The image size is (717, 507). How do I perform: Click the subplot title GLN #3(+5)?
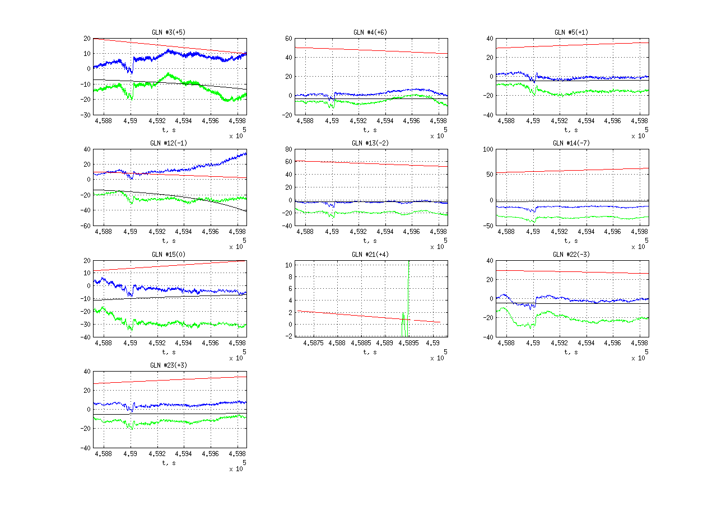pyautogui.click(x=169, y=32)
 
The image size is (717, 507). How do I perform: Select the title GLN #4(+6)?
pyautogui.click(x=370, y=32)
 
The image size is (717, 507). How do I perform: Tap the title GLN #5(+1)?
pyautogui.click(x=571, y=32)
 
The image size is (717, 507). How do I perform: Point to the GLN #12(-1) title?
pyautogui.click(x=169, y=143)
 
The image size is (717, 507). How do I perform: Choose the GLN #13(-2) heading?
pyautogui.click(x=370, y=143)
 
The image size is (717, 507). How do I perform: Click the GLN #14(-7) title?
pyautogui.click(x=571, y=143)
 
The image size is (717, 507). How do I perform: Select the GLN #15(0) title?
pyautogui.click(x=169, y=255)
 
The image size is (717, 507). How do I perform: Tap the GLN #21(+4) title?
pyautogui.click(x=370, y=255)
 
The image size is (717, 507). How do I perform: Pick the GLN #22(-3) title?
pyautogui.click(x=571, y=255)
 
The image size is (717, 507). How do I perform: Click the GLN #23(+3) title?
pyautogui.click(x=169, y=365)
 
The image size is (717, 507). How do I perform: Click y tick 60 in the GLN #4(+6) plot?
pyautogui.click(x=288, y=39)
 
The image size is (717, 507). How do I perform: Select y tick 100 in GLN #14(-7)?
pyautogui.click(x=486, y=149)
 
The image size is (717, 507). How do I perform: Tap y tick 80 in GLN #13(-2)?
pyautogui.click(x=288, y=149)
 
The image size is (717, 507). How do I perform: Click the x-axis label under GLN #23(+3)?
pyautogui.click(x=169, y=463)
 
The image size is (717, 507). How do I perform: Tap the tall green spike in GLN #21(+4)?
pyautogui.click(x=408, y=291)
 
